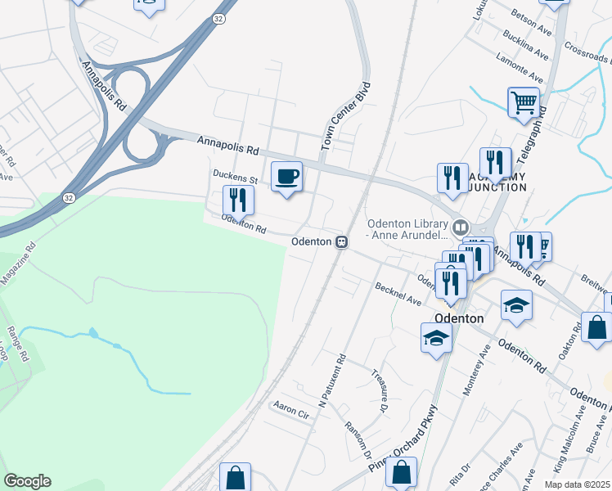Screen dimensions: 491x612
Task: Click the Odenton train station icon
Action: pyautogui.click(x=340, y=241)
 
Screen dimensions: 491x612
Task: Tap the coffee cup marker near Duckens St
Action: pyautogui.click(x=286, y=177)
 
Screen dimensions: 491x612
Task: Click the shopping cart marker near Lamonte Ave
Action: pyautogui.click(x=524, y=103)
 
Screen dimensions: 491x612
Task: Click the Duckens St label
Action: pyautogui.click(x=235, y=176)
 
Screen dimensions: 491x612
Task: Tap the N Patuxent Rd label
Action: pyautogui.click(x=333, y=381)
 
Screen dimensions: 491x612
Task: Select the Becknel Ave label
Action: pyautogui.click(x=398, y=295)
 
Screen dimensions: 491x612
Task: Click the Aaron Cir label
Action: pyautogui.click(x=292, y=409)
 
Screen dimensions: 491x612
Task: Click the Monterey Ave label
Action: pyautogui.click(x=476, y=371)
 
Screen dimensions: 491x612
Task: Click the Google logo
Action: pyautogui.click(x=27, y=480)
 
